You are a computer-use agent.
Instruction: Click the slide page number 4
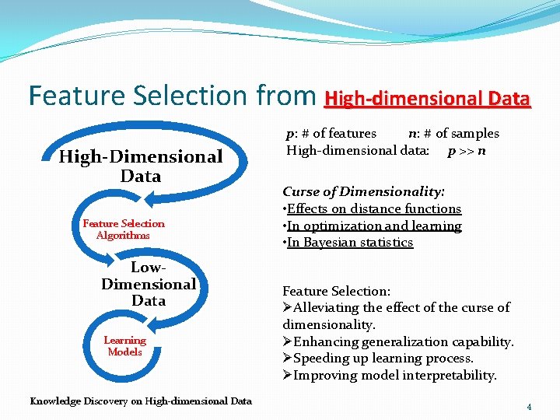tap(529, 407)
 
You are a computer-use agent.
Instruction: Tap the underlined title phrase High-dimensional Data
tap(427, 100)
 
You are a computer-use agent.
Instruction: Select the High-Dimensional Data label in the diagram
tap(141, 166)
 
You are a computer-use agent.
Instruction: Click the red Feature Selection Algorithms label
tap(124, 229)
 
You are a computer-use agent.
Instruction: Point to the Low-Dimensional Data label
tap(148, 284)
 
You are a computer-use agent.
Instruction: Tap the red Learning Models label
tap(124, 346)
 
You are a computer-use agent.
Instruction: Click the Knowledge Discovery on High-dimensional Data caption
tap(141, 401)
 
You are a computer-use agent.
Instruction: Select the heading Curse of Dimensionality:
tap(363, 191)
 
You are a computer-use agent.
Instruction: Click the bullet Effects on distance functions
tap(373, 208)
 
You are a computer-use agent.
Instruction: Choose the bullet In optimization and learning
tap(373, 226)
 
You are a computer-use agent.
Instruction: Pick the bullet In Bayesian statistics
tap(349, 243)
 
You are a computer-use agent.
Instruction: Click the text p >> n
tap(467, 150)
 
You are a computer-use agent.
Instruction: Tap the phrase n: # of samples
tap(453, 133)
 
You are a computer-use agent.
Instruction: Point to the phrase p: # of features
tap(331, 133)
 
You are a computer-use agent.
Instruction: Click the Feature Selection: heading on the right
tap(336, 291)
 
